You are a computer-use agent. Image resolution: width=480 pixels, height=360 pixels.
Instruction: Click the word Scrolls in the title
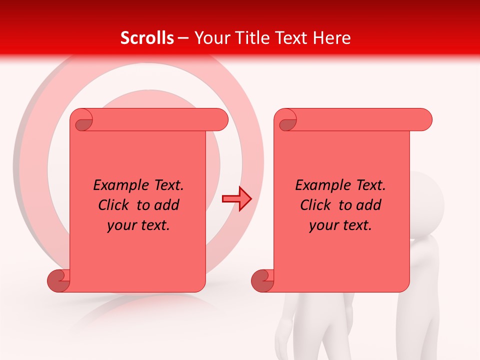(147, 38)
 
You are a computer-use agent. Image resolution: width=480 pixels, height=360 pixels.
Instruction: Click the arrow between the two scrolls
(236, 199)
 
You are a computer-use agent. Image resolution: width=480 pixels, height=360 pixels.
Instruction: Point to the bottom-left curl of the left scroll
(58, 281)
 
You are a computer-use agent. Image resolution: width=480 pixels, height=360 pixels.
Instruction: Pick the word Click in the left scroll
(115, 205)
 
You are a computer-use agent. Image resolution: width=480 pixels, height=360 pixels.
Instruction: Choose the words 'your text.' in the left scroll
(138, 225)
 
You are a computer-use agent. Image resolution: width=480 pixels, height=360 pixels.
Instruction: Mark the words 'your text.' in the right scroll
(340, 225)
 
